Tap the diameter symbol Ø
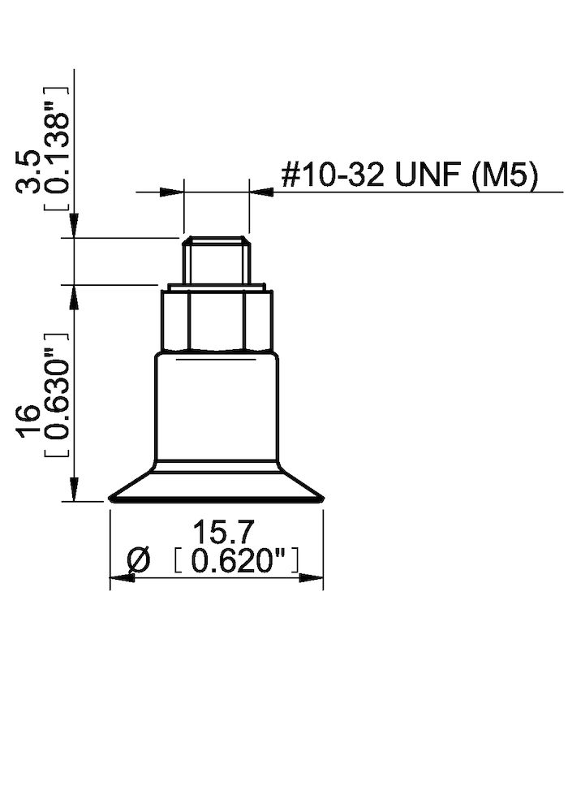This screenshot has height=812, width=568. pyautogui.click(x=140, y=559)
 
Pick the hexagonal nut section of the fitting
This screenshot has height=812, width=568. pyautogui.click(x=216, y=320)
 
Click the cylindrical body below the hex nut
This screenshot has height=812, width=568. pyautogui.click(x=216, y=406)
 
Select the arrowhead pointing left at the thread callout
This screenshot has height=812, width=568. pyautogui.click(x=260, y=192)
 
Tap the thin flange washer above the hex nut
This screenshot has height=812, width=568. pyautogui.click(x=216, y=287)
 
